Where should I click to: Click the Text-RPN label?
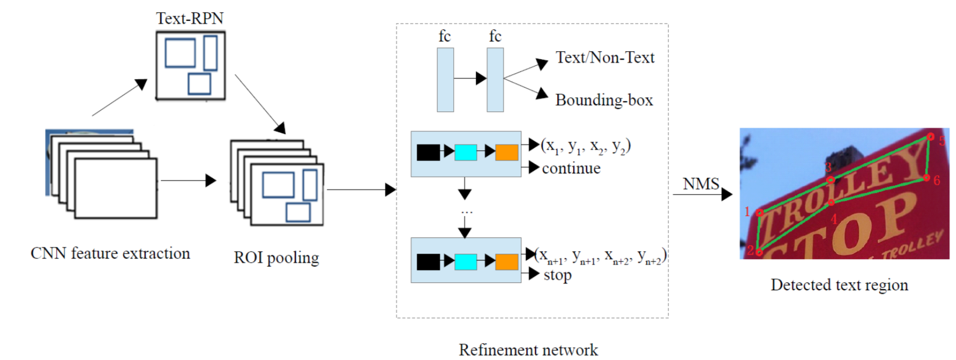click(190, 18)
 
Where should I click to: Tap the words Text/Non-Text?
click(605, 57)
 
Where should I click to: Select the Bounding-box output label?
click(604, 100)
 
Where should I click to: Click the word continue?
click(571, 168)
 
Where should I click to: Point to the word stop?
click(557, 275)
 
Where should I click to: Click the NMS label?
click(701, 183)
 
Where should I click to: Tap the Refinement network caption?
click(529, 350)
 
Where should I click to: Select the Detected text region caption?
click(840, 285)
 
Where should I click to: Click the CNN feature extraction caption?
click(110, 253)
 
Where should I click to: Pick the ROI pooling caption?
click(276, 258)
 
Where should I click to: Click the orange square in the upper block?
click(507, 152)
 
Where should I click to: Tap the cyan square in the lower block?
click(466, 262)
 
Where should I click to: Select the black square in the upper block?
click(428, 152)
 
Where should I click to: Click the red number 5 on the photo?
click(942, 141)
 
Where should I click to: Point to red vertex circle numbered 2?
click(759, 253)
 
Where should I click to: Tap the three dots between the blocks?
click(467, 212)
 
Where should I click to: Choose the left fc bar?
click(445, 80)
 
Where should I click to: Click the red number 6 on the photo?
click(937, 180)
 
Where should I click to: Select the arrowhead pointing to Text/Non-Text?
click(542, 64)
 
